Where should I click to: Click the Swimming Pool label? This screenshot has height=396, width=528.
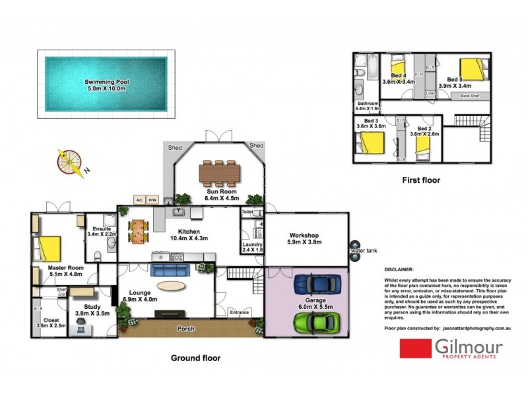pyautogui.click(x=107, y=82)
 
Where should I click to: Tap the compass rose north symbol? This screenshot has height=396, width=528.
pyautogui.click(x=70, y=161)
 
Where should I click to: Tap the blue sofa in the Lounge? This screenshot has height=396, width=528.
pyautogui.click(x=170, y=269)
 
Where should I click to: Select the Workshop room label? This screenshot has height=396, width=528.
pyautogui.click(x=304, y=236)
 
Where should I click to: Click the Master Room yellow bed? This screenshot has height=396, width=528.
pyautogui.click(x=50, y=249)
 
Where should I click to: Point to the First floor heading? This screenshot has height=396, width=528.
pyautogui.click(x=421, y=180)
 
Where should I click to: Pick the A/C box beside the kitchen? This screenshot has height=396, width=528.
pyautogui.click(x=139, y=199)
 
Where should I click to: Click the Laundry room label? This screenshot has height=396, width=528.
pyautogui.click(x=252, y=244)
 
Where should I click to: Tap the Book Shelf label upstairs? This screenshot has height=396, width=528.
pyautogui.click(x=470, y=96)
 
